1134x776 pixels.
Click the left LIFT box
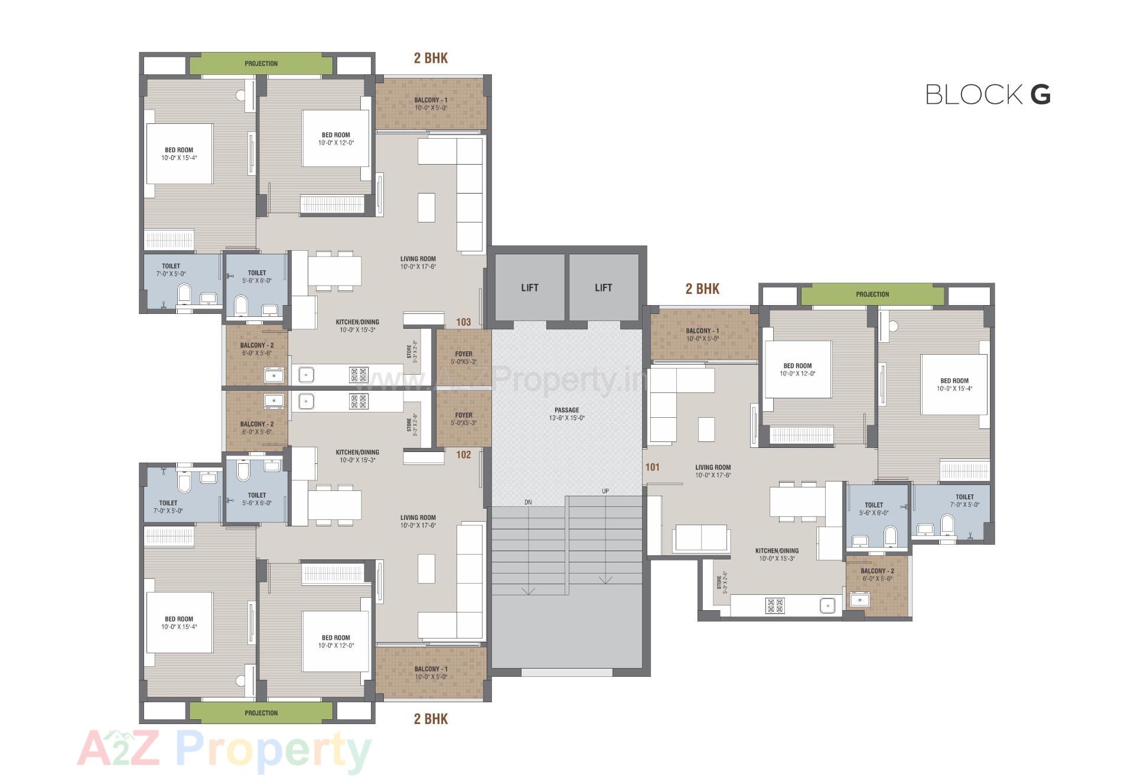(x=530, y=287)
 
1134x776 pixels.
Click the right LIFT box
(x=603, y=287)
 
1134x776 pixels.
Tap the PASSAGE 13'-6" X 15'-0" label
(x=566, y=414)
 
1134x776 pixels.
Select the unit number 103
(x=464, y=322)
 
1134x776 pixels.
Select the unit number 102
(x=464, y=454)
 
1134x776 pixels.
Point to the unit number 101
(x=652, y=467)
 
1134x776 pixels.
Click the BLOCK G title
(x=988, y=94)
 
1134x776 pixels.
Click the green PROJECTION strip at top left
(x=261, y=64)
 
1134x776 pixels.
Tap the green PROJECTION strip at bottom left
(x=261, y=713)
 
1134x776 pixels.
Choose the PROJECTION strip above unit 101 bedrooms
(x=872, y=294)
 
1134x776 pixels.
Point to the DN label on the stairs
(x=528, y=502)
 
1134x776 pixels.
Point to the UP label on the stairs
(x=605, y=491)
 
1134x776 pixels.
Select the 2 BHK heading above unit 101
(x=702, y=289)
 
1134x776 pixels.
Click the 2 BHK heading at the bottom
(x=431, y=719)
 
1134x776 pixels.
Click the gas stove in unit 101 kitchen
(x=774, y=605)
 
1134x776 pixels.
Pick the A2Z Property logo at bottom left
(x=224, y=749)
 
